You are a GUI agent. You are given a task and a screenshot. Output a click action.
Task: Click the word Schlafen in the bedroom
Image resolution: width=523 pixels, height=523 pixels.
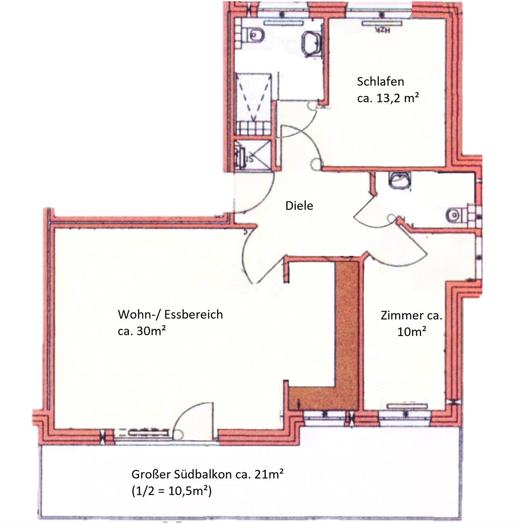[x=380, y=82]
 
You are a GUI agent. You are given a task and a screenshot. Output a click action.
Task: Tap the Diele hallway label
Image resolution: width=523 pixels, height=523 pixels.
[x=299, y=206]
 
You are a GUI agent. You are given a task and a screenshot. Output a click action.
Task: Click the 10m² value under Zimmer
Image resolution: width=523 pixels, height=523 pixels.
[x=411, y=332]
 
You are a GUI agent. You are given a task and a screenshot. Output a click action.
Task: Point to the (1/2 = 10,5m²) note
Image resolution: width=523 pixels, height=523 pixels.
[x=171, y=491]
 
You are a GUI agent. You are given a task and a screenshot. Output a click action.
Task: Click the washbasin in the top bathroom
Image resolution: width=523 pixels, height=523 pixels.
[x=311, y=43]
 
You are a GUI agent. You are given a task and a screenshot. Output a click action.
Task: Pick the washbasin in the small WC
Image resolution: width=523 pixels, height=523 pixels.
[x=400, y=179]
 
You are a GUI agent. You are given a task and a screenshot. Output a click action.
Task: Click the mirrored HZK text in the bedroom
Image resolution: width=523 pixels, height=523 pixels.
[x=381, y=30]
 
